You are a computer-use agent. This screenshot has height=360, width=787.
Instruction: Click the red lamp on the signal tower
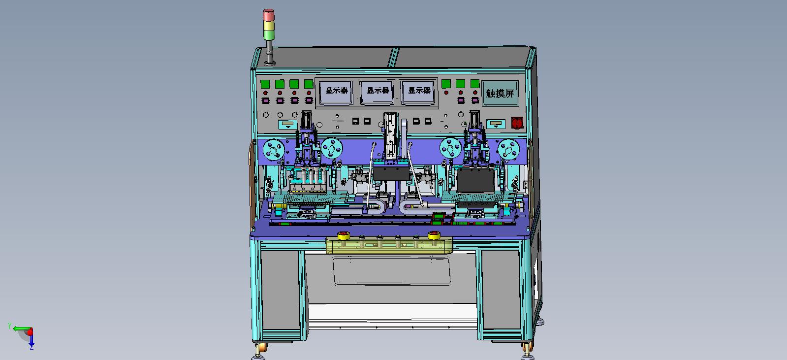click(268, 15)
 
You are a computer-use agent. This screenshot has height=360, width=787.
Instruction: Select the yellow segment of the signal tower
click(269, 26)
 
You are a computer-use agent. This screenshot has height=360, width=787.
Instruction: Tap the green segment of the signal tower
click(269, 35)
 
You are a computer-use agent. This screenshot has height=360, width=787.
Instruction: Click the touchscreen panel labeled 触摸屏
click(500, 93)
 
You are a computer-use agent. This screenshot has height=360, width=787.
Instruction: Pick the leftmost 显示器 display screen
click(336, 92)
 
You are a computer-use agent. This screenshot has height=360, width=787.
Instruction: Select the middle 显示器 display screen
click(378, 92)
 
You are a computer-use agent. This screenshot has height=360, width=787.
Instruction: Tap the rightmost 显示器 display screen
click(418, 92)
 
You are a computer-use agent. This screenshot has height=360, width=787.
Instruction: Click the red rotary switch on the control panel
click(517, 122)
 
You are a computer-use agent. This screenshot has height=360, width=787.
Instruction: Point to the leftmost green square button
click(265, 84)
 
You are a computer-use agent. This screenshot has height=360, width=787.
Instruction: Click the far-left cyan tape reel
click(274, 150)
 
